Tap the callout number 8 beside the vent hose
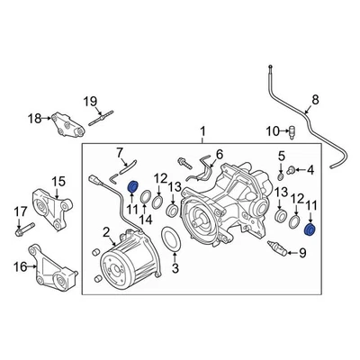pos(314,100)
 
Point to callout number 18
pos(34,117)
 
